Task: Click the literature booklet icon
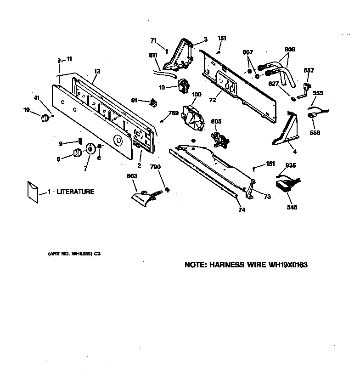point(33,191)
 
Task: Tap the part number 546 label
point(292,207)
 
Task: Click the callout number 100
point(196,94)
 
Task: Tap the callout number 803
point(132,175)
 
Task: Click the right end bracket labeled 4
point(288,130)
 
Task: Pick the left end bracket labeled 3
point(181,55)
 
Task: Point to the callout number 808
point(289,49)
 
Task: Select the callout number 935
point(290,165)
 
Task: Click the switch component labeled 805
point(219,138)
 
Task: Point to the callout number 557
point(309,70)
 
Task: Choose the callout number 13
point(97,71)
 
